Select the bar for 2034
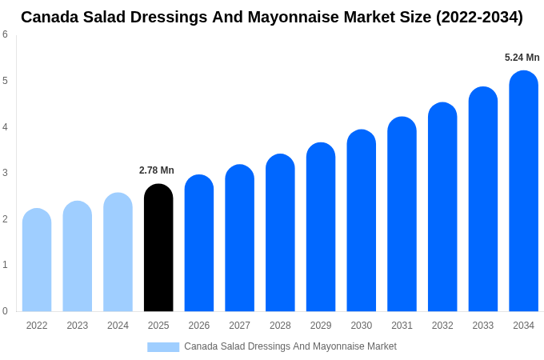[x=523, y=192]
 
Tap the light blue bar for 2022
[x=37, y=260]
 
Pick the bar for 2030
[x=361, y=221]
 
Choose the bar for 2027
[x=239, y=238]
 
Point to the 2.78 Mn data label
[x=157, y=170]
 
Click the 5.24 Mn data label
[x=522, y=58]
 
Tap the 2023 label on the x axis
[x=78, y=326]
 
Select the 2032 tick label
[x=442, y=326]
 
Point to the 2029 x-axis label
[x=321, y=326]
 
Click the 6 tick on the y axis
[x=5, y=34]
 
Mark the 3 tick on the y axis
[x=5, y=173]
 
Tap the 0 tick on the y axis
[x=5, y=311]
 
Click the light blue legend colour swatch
[x=163, y=347]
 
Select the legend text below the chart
[x=290, y=346]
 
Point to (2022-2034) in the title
[x=479, y=17]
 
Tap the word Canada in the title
[x=50, y=17]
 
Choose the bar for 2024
[x=118, y=252]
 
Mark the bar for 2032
[x=442, y=207]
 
